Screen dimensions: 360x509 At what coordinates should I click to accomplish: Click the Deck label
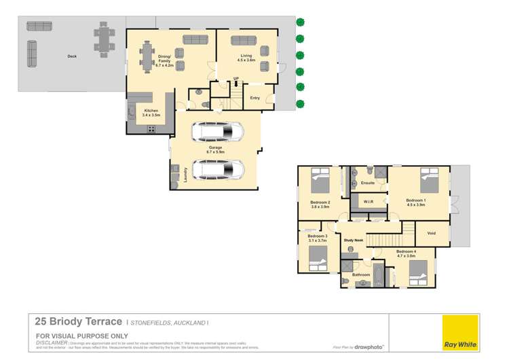(x=71, y=56)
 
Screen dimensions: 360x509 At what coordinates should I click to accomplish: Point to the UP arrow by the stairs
(x=235, y=79)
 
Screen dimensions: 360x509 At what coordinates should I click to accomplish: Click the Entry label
(x=254, y=98)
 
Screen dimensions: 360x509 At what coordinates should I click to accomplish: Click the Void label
(x=431, y=233)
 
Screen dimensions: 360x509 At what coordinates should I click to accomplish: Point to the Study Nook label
(x=354, y=240)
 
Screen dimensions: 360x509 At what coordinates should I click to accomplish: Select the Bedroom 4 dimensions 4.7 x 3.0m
(x=406, y=256)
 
